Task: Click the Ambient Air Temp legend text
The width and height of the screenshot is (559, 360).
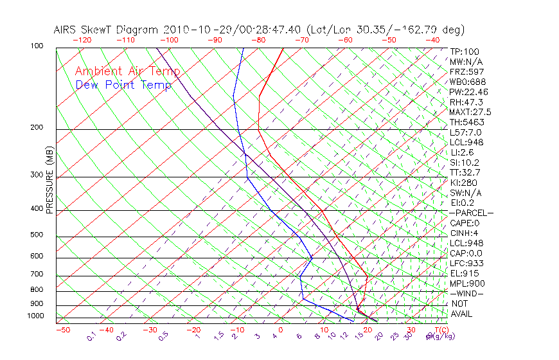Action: tap(127, 71)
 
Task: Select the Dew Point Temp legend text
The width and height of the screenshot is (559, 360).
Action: tap(123, 85)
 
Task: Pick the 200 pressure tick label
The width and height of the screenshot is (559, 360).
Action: tap(36, 127)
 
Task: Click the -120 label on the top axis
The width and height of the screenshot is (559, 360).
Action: tap(82, 40)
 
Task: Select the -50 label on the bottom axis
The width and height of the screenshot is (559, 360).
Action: tap(62, 330)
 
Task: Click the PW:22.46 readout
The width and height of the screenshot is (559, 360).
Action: tap(468, 92)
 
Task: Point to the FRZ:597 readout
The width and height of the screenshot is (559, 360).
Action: tap(466, 72)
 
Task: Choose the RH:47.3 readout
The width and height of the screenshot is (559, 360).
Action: tap(466, 102)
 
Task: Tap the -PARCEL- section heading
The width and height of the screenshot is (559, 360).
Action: tap(471, 213)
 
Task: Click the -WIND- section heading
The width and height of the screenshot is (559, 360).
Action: tap(467, 293)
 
